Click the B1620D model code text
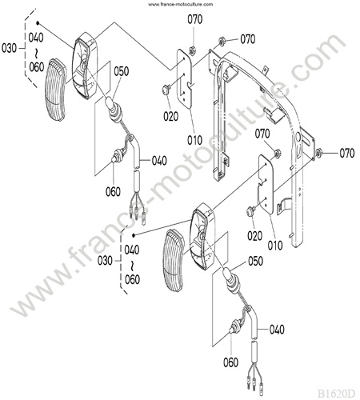coord(336,394)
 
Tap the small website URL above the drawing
coord(181,4)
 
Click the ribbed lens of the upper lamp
coord(55,90)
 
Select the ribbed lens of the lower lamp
coord(174,261)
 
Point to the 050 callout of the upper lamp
coord(122,71)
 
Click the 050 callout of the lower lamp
coord(255,262)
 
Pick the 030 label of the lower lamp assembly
coord(105,261)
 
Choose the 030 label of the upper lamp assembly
coord(9,49)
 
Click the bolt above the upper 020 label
coord(166,89)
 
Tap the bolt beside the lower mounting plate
coord(251,210)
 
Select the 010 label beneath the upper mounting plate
coord(194,140)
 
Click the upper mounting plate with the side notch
coord(186,79)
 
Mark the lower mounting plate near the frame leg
coord(266,185)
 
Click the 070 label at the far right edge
coord(347,154)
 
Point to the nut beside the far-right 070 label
coord(318,154)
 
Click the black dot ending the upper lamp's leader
coord(38,23)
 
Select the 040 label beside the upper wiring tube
coord(159,161)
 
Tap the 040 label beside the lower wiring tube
coord(277,330)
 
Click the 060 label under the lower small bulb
coord(230,362)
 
